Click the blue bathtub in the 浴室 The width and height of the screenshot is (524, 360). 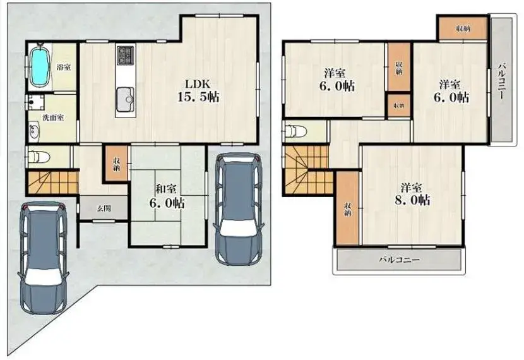(40, 67)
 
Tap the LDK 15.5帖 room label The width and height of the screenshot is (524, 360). (198, 90)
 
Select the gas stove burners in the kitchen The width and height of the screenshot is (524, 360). (126, 55)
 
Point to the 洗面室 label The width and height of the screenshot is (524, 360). (53, 117)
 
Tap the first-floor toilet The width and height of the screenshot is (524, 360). (39, 157)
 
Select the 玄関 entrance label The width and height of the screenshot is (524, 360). (104, 208)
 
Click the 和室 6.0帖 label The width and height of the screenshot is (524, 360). (167, 196)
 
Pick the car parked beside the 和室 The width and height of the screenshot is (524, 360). (239, 208)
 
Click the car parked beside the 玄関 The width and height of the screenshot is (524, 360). (43, 258)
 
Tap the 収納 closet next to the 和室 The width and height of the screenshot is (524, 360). (116, 164)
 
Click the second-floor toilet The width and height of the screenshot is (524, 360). (295, 131)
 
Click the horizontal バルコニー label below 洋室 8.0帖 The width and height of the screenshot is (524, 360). (400, 260)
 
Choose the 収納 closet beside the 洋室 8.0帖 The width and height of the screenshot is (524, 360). (348, 208)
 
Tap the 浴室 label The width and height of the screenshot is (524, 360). (64, 67)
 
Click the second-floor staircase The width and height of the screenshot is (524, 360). (307, 170)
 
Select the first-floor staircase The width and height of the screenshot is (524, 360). (53, 183)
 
